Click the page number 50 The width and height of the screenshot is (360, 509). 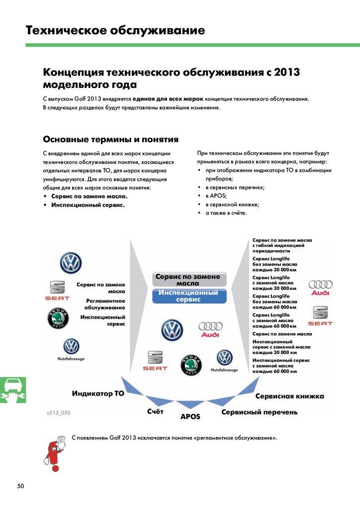point(20,486)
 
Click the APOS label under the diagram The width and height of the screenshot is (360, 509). point(190,417)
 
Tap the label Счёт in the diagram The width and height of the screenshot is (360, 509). point(156,412)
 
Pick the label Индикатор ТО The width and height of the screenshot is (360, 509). point(98,394)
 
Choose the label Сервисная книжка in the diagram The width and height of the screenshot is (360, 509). point(289,396)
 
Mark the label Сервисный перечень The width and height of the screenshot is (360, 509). point(260,412)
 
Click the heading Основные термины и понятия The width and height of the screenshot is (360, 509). point(111,139)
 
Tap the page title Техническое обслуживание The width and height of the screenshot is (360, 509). point(115,30)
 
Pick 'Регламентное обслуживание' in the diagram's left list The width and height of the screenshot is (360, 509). point(104,304)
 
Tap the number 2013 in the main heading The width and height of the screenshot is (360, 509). point(285,73)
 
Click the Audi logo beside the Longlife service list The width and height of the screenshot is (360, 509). point(321,287)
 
